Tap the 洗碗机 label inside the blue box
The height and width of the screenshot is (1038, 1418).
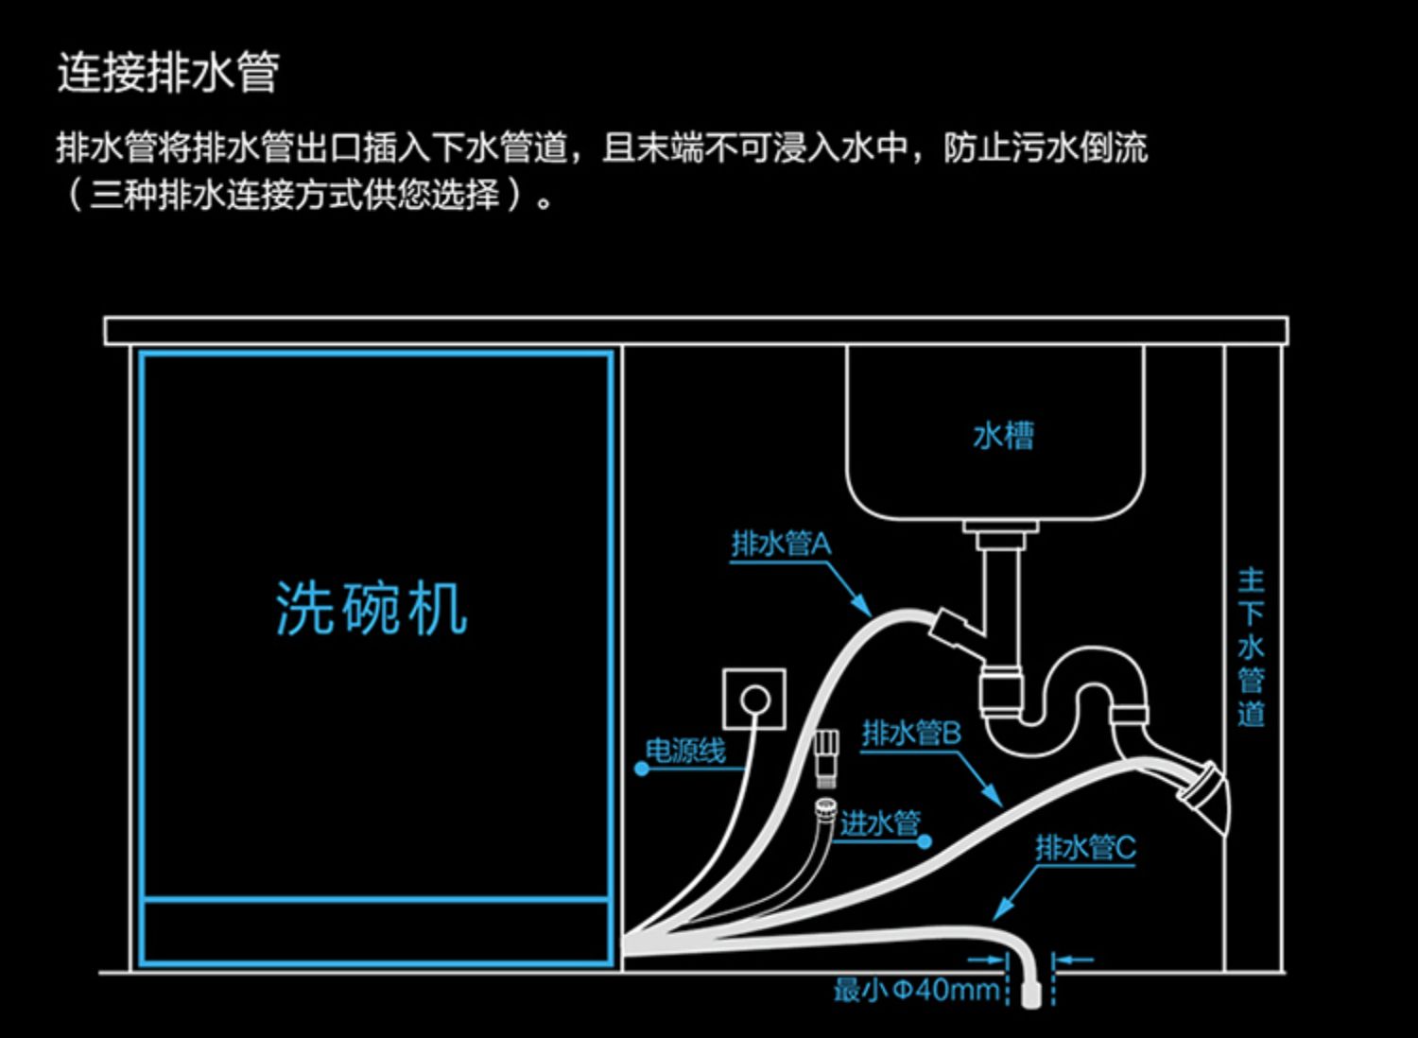point(372,608)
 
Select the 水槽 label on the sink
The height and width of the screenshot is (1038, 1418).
point(1003,436)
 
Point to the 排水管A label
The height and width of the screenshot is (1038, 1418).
point(781,544)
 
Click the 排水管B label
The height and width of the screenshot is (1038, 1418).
point(911,734)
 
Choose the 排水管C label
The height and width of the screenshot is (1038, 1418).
point(1086,847)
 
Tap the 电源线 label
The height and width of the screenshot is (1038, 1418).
point(685,752)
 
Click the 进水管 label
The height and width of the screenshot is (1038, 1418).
point(880,823)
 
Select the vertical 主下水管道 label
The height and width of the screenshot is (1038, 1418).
point(1252,648)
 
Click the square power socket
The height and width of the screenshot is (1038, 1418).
point(754,699)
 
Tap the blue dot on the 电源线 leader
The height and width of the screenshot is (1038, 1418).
point(642,769)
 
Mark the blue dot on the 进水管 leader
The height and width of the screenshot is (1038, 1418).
point(925,841)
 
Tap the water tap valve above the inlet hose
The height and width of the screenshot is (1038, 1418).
point(826,757)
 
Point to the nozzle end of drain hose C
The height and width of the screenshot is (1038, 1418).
point(1031,996)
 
